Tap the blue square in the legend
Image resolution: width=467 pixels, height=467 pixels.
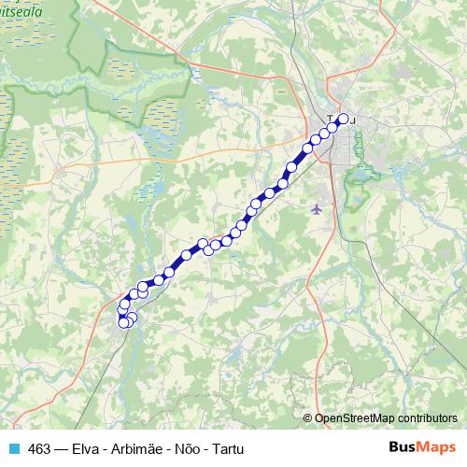tap(13, 448)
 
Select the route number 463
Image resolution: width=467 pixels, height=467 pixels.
tap(40, 448)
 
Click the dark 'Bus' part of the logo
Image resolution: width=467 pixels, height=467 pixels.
tap(403, 447)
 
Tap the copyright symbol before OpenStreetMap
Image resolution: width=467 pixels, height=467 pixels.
tap(308, 417)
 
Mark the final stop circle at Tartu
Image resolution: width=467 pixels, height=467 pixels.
tap(343, 119)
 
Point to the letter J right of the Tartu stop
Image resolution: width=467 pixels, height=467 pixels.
tap(353, 120)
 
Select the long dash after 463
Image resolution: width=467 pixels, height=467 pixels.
tap(61, 448)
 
